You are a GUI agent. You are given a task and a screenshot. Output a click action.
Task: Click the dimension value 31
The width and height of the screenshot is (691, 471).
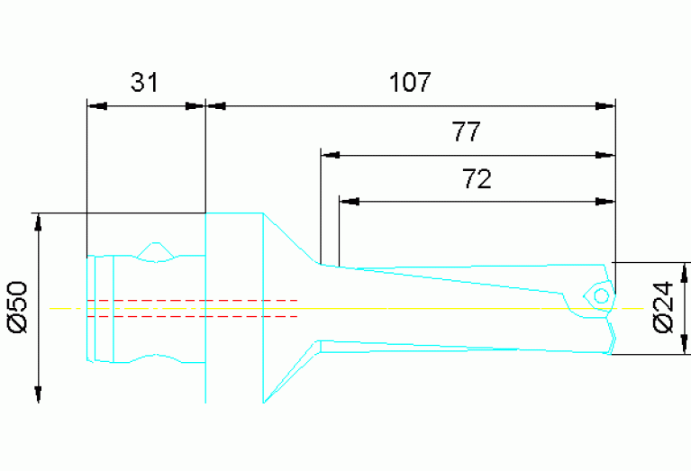(144, 83)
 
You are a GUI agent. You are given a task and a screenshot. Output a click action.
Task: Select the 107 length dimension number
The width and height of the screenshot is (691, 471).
(410, 83)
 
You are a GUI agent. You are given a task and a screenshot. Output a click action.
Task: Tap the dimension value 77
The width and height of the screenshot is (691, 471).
(466, 133)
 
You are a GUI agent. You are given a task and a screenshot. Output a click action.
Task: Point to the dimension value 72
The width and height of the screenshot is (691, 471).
(477, 179)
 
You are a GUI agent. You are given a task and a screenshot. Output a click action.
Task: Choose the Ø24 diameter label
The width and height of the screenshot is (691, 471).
(663, 308)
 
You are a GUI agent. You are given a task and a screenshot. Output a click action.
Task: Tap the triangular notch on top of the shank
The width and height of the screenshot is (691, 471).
(157, 251)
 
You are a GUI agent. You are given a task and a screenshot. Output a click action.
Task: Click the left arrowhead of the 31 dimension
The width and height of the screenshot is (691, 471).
(96, 105)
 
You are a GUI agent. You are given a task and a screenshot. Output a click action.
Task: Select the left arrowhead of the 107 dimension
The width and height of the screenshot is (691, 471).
(217, 105)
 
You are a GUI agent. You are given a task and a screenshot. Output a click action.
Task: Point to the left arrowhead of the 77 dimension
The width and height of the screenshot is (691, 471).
(332, 156)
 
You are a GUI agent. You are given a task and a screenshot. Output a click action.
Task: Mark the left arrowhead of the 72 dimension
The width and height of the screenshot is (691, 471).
(350, 200)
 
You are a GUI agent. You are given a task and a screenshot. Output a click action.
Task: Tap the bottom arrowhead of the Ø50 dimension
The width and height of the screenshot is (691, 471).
(38, 393)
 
